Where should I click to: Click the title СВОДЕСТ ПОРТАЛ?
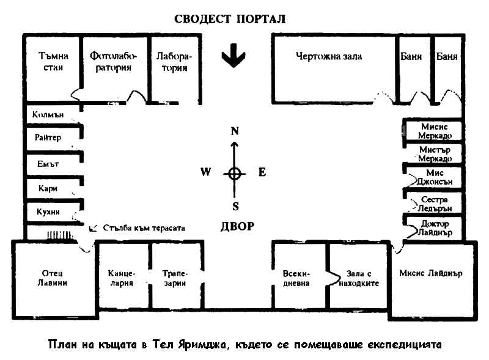[x=230, y=19]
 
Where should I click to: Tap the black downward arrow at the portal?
[x=233, y=56]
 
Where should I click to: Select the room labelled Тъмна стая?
[x=53, y=62]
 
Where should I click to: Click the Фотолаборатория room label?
[x=113, y=62]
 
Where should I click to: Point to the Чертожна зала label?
[x=329, y=56]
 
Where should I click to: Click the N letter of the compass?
[x=235, y=131]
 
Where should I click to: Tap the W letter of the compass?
[x=206, y=172]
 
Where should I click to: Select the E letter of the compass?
[x=262, y=172]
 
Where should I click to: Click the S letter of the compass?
[x=235, y=206]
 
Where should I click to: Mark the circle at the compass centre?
[x=235, y=174]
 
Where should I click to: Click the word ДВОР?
[x=238, y=226]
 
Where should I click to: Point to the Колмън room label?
[x=48, y=115]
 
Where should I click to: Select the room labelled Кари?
[x=48, y=188]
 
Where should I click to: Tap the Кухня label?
[x=48, y=212]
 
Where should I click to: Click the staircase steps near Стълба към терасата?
[x=59, y=235]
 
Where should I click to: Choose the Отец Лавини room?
[x=52, y=278]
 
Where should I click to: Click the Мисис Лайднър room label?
[x=431, y=273]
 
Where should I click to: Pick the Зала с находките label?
[x=359, y=278]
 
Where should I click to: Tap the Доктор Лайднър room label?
[x=435, y=228]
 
